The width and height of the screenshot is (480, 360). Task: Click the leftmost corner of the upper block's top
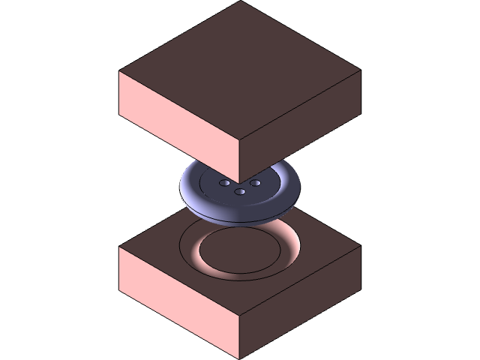(x=120, y=71)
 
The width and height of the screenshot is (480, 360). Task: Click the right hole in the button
(x=255, y=182)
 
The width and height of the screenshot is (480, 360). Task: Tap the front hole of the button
(x=241, y=192)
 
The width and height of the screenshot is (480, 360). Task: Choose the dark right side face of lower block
(x=300, y=300)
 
